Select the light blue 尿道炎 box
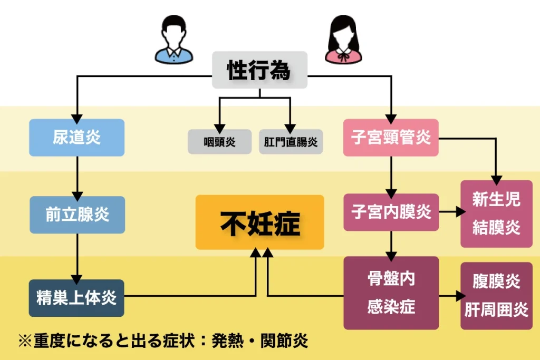pos(76,138)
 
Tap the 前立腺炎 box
pos(77,215)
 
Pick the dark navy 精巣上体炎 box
pos(76,298)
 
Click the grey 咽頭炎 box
pos(219,142)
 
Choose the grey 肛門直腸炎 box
pos(291,142)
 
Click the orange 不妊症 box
pos(259,222)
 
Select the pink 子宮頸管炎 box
pos(391,138)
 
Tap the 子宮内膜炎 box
pos(391,212)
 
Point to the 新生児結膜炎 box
pos(496,213)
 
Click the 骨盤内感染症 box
pos(391,293)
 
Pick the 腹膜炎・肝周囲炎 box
pos(496,296)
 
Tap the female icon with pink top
pos(344,39)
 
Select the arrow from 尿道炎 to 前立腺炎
pos(77,176)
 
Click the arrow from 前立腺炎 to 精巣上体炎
pos(77,256)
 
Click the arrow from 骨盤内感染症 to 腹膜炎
pos(450,296)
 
